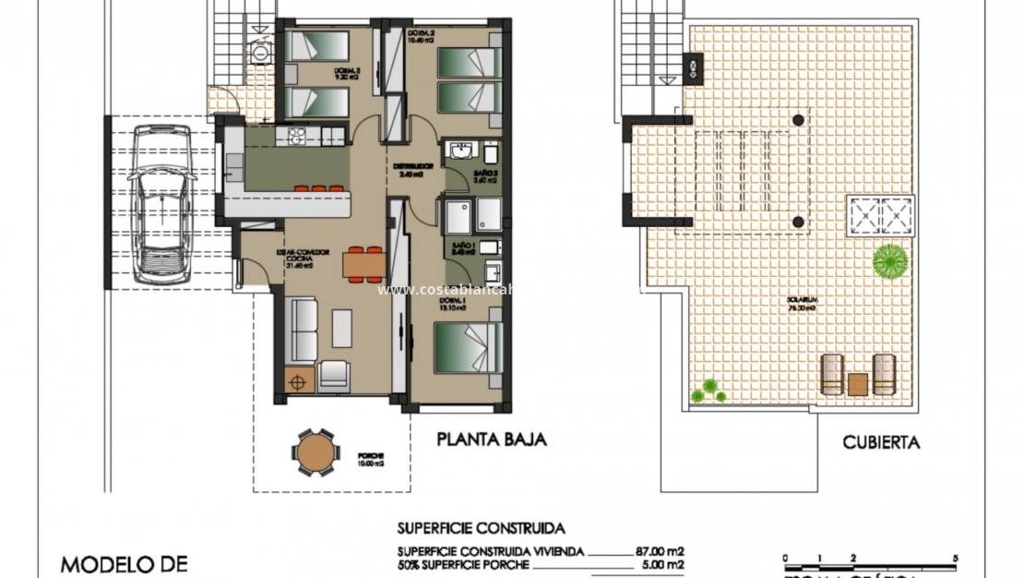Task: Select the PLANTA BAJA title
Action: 492,440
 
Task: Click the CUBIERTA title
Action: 881,442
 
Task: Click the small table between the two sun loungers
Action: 859,382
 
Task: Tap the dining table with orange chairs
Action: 363,264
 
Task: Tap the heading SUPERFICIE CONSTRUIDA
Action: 481,529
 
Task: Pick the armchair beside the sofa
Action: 333,374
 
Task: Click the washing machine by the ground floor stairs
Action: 260,53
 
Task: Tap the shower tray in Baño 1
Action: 459,215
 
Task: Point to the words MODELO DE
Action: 125,562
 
